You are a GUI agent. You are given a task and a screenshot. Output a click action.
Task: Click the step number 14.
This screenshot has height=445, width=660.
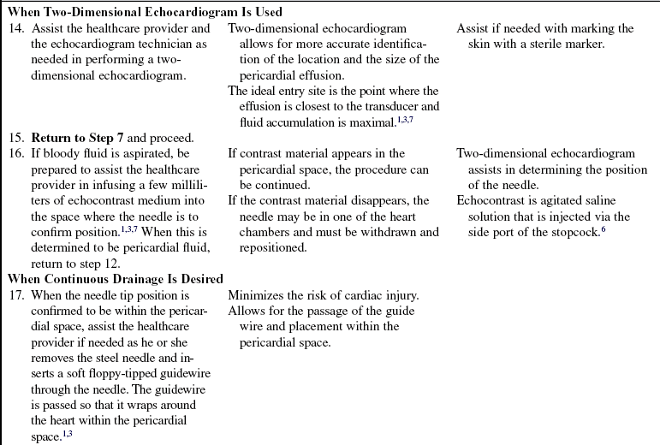(x=15, y=29)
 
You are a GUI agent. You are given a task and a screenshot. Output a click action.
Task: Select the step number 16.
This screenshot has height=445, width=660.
(x=15, y=154)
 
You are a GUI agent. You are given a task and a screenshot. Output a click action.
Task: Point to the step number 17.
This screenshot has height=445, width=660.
(x=15, y=295)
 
